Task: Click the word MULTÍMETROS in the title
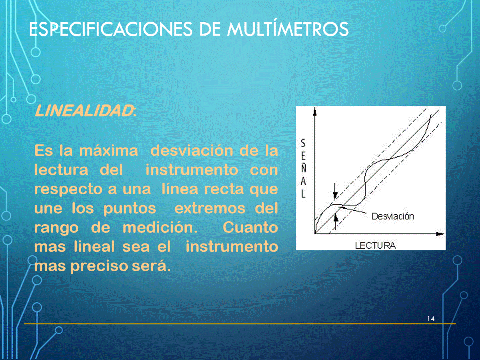tap(288, 29)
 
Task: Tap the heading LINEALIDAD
tap(85, 111)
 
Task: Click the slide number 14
tap(431, 318)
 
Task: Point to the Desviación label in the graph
tap(393, 216)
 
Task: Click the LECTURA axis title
tap(375, 245)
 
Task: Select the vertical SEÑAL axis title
tap(303, 168)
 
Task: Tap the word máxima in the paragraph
tap(108, 151)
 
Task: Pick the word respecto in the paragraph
tap(69, 190)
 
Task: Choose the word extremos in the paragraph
tap(210, 209)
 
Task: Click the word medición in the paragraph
tap(160, 228)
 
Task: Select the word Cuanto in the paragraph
tap(250, 228)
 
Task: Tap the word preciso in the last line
tap(99, 266)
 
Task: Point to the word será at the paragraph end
tap(151, 266)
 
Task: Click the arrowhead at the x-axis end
tap(440, 234)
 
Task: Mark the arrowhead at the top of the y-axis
tap(315, 111)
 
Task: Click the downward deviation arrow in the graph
tap(335, 191)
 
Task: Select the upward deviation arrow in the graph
tap(336, 222)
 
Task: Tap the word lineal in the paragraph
tap(94, 246)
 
